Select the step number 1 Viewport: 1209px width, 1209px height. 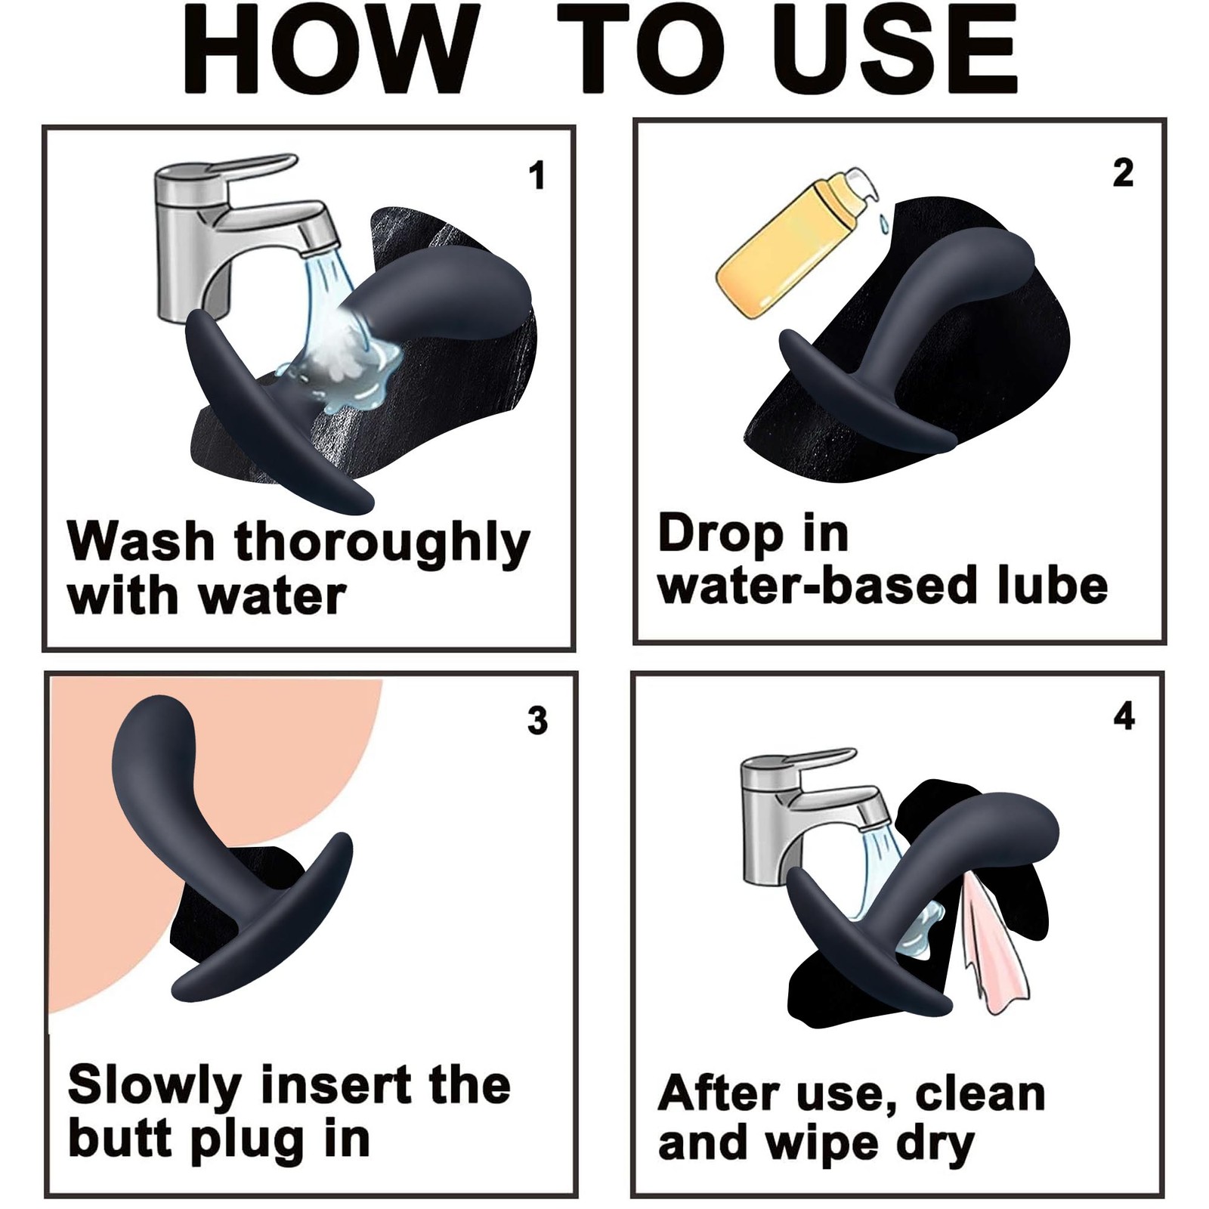coord(536,176)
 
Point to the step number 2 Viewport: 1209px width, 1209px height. coord(1123,173)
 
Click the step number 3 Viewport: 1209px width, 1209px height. coord(537,720)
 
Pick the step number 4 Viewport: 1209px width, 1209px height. coord(1124,716)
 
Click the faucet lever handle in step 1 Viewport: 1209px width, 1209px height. coord(249,168)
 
